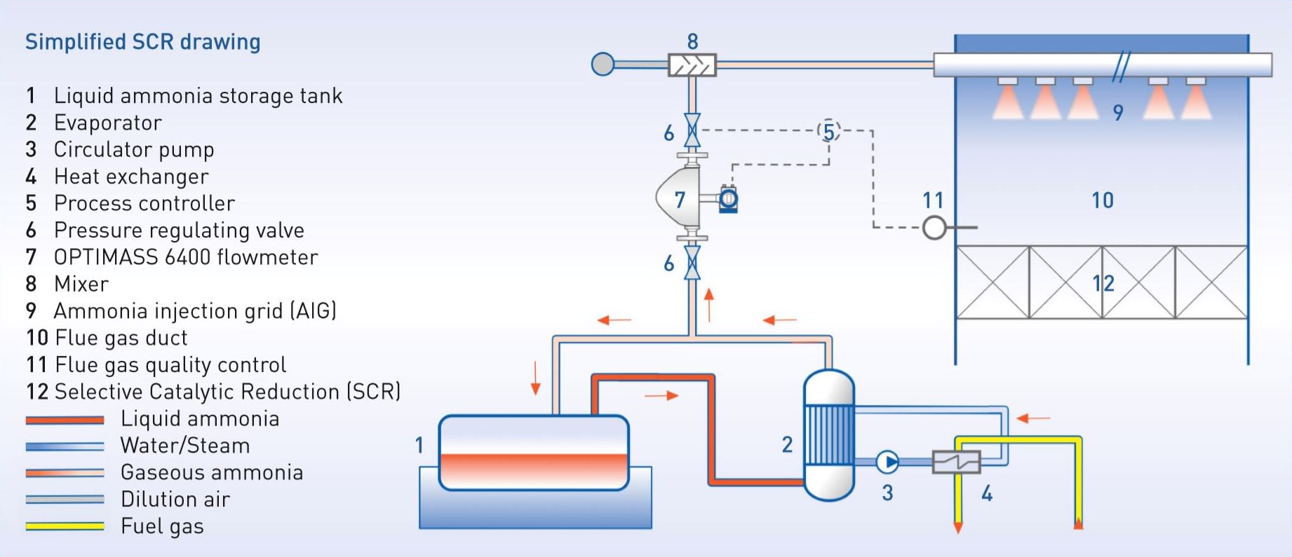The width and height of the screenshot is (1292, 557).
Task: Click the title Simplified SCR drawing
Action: coord(142,42)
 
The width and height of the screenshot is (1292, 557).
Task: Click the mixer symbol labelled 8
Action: coord(692,65)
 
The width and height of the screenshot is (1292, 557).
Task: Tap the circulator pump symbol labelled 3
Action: coord(887,462)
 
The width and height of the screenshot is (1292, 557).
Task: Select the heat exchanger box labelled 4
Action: coord(956,462)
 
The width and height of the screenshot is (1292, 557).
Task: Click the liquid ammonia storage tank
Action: coord(534,453)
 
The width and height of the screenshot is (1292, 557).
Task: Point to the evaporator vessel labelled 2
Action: coord(828,434)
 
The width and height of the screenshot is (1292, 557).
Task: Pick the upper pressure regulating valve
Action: coord(692,131)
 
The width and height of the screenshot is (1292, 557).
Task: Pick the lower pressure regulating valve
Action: coord(692,263)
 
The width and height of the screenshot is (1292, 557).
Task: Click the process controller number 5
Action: coord(829,131)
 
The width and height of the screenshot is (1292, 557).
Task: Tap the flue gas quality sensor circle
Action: coord(934,227)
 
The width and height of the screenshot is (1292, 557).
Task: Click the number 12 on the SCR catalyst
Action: coord(1103,283)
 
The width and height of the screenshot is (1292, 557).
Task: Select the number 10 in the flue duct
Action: coord(1103,200)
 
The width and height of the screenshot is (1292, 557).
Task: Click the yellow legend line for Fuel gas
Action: coord(65,526)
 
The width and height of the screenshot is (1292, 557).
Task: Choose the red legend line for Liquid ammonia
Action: coord(65,420)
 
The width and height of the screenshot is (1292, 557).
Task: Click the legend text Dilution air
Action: coord(175,500)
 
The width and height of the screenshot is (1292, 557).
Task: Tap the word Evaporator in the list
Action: coord(107,123)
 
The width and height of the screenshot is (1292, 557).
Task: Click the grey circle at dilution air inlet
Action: coord(603,64)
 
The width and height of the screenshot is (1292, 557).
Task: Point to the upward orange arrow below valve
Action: coord(709,304)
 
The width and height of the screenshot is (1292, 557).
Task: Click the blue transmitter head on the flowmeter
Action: coord(729,200)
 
